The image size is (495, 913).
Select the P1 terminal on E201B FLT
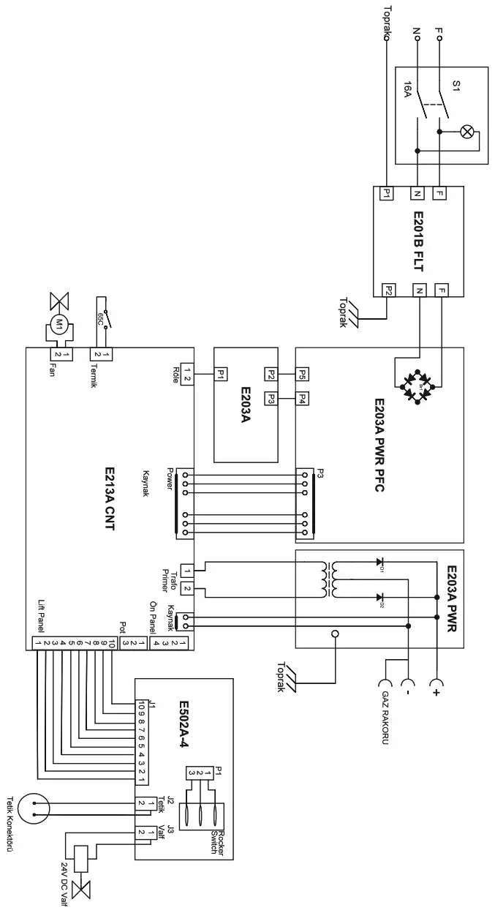click(386, 193)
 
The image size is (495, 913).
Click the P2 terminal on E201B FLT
click(388, 290)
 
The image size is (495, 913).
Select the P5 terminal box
click(303, 373)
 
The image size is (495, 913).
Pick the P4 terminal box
click(303, 399)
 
